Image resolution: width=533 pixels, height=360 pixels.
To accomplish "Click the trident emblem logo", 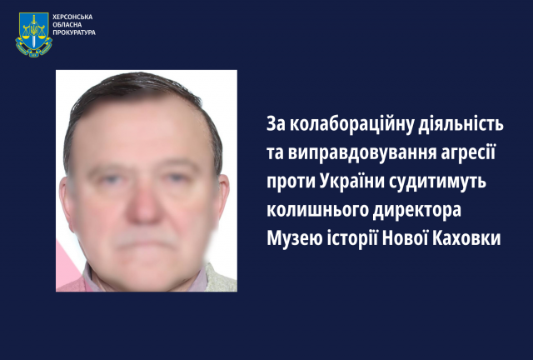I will point(33,32).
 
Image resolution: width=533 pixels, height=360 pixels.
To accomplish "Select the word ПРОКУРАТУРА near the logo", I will point(75,34).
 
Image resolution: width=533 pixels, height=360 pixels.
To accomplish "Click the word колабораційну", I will point(351,124).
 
